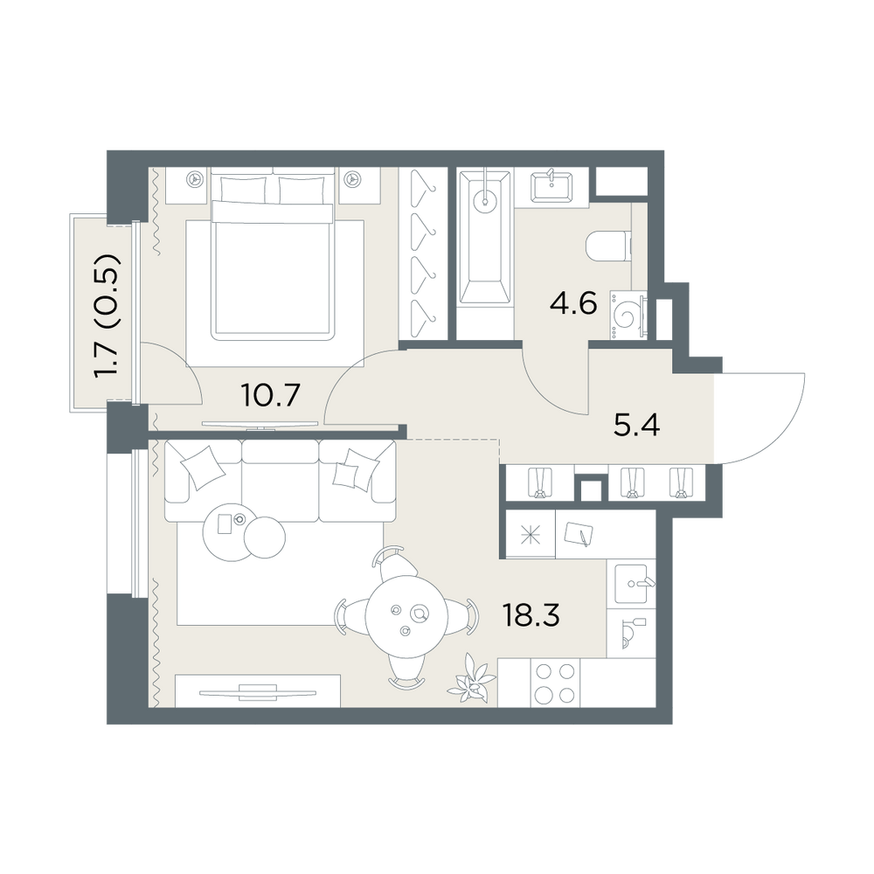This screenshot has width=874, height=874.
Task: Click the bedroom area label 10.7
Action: pyautogui.click(x=271, y=395)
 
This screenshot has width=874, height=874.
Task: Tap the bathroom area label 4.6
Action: pyautogui.click(x=572, y=303)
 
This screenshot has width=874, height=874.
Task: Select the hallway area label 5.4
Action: pyautogui.click(x=636, y=426)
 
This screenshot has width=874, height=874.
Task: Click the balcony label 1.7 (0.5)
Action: pyautogui.click(x=107, y=316)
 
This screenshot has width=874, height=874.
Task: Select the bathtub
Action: pyautogui.click(x=484, y=238)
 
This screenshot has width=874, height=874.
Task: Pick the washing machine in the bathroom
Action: pyautogui.click(x=628, y=315)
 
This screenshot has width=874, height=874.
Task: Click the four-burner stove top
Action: pyautogui.click(x=555, y=683)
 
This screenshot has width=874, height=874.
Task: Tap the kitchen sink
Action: pyautogui.click(x=632, y=583)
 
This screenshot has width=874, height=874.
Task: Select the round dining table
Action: pyautogui.click(x=406, y=618)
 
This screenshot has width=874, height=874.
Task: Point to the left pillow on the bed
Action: pyautogui.click(x=244, y=190)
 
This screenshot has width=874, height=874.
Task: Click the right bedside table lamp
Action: pyautogui.click(x=351, y=178)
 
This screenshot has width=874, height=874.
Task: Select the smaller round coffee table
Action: pyautogui.click(x=265, y=538)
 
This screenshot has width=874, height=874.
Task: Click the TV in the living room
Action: pyautogui.click(x=257, y=693)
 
